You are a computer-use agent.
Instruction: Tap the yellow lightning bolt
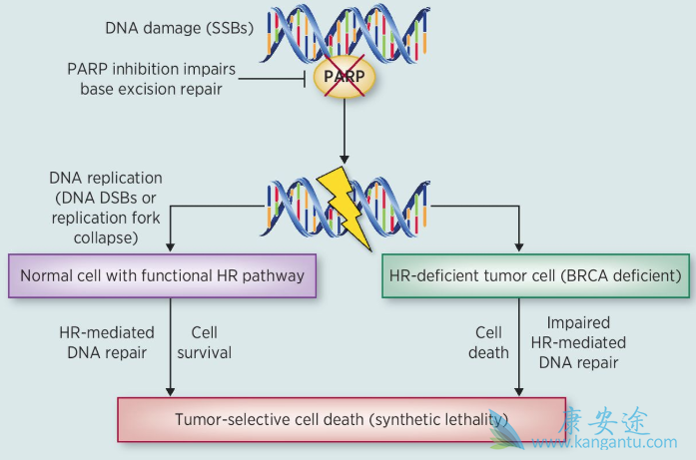pos(345,205)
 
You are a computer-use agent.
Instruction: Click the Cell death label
pos(489,342)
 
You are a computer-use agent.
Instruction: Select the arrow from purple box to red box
pos(172,349)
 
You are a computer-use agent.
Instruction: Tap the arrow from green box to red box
pos(518,349)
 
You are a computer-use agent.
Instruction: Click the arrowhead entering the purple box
pos(172,247)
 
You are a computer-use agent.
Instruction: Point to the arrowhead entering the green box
pos(518,247)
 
